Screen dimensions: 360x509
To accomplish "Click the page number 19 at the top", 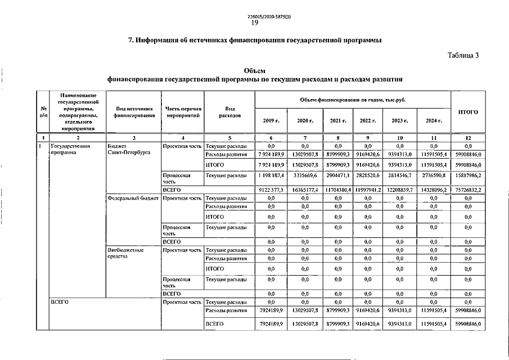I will (254, 23).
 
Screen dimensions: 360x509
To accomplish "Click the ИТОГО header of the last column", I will (468, 112).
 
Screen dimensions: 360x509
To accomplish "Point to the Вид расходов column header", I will (229, 112).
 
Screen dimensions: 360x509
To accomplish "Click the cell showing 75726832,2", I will (468, 191).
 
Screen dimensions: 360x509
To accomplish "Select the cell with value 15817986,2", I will (468, 176).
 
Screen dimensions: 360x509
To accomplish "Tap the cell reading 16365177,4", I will (304, 191).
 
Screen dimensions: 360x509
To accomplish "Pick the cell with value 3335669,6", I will (304, 176).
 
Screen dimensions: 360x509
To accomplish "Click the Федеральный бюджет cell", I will (133, 198).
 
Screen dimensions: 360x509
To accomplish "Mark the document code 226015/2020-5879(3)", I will (254, 16).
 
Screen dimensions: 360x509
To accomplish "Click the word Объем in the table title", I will (254, 70).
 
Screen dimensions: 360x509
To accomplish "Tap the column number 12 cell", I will (468, 138).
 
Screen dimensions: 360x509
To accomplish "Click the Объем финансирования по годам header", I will (353, 100).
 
